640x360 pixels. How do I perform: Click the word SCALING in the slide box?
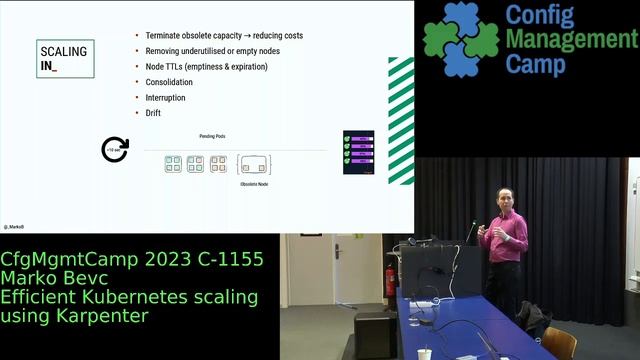point(63,51)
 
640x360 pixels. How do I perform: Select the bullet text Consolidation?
point(169,82)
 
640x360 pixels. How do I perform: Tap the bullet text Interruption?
point(165,98)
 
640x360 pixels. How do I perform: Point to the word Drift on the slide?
point(153,113)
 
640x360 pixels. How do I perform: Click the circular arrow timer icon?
point(116,150)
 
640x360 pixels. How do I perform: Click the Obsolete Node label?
point(254,184)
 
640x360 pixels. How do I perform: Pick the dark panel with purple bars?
point(358,151)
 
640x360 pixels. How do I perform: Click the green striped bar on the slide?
point(401,120)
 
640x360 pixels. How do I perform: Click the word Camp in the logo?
point(535,64)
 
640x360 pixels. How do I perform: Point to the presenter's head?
point(503,196)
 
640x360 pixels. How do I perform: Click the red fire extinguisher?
point(390,281)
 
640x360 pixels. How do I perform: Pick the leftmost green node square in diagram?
point(173,164)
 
